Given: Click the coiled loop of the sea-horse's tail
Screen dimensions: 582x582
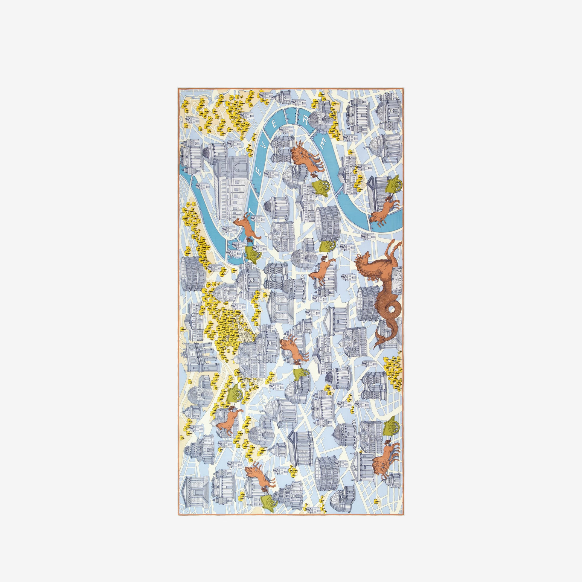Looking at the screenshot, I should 393,310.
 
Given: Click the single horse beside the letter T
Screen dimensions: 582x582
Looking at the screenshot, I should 246,226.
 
